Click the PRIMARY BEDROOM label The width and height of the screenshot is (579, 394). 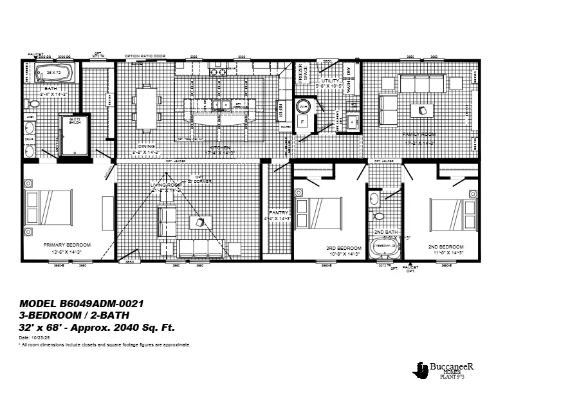(x=67, y=245)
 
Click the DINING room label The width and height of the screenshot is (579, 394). (x=147, y=147)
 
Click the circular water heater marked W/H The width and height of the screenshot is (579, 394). (x=303, y=106)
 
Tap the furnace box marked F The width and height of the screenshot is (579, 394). (x=303, y=122)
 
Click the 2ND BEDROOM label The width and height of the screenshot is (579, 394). (x=446, y=247)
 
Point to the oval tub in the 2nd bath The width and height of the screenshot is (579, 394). (x=385, y=247)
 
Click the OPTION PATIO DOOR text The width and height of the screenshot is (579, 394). (x=145, y=57)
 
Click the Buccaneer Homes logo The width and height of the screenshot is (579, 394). (x=444, y=368)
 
